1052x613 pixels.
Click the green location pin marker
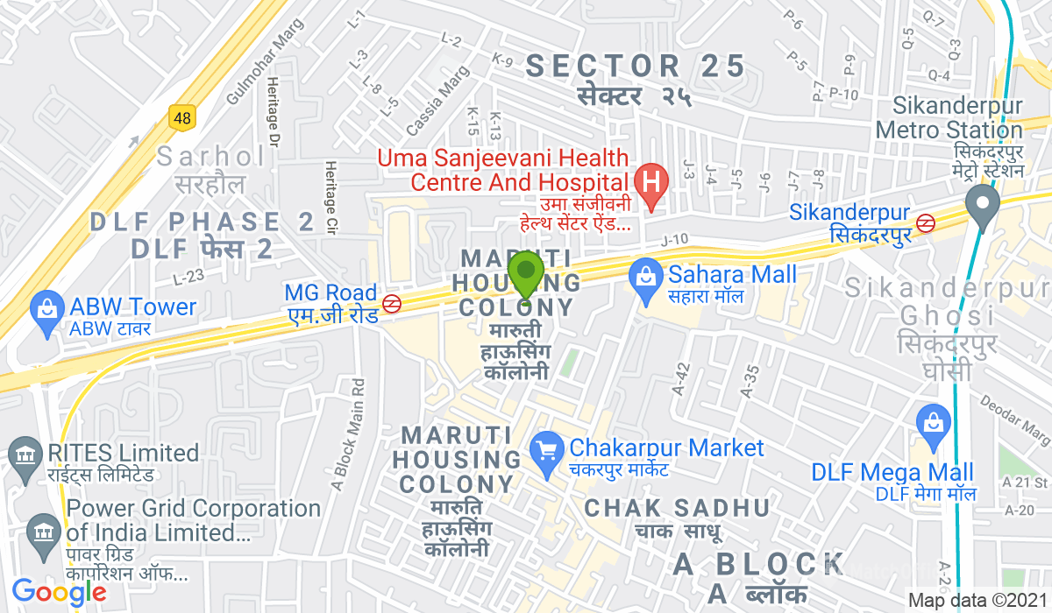526,274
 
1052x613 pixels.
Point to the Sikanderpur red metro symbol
926,223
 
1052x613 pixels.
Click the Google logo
59,593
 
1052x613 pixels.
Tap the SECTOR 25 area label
636,66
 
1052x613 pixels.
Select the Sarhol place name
211,158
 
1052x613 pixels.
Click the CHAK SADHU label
677,508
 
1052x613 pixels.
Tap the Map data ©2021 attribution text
977,601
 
